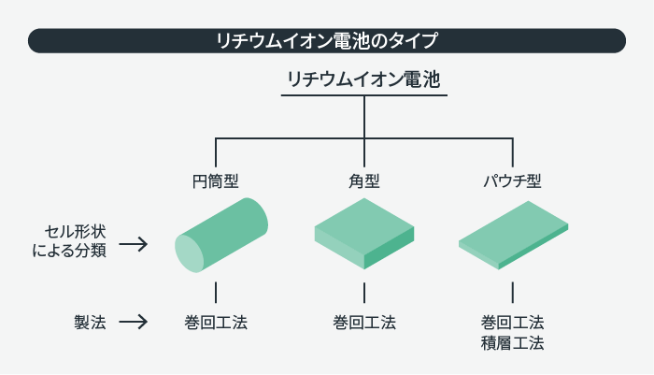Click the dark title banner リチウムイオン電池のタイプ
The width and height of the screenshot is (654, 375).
coord(327,40)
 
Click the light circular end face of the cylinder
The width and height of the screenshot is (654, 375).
coord(190,253)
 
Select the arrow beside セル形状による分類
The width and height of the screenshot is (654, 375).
coord(135,245)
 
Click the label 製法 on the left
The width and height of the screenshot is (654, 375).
coord(90,323)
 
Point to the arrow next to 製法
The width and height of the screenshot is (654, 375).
coord(135,323)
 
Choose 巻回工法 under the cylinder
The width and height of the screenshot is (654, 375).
coord(216,323)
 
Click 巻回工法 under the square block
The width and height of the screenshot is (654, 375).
coord(364,323)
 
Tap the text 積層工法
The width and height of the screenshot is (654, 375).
coord(512,343)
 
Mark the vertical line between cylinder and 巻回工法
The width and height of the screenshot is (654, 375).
coord(216,292)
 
